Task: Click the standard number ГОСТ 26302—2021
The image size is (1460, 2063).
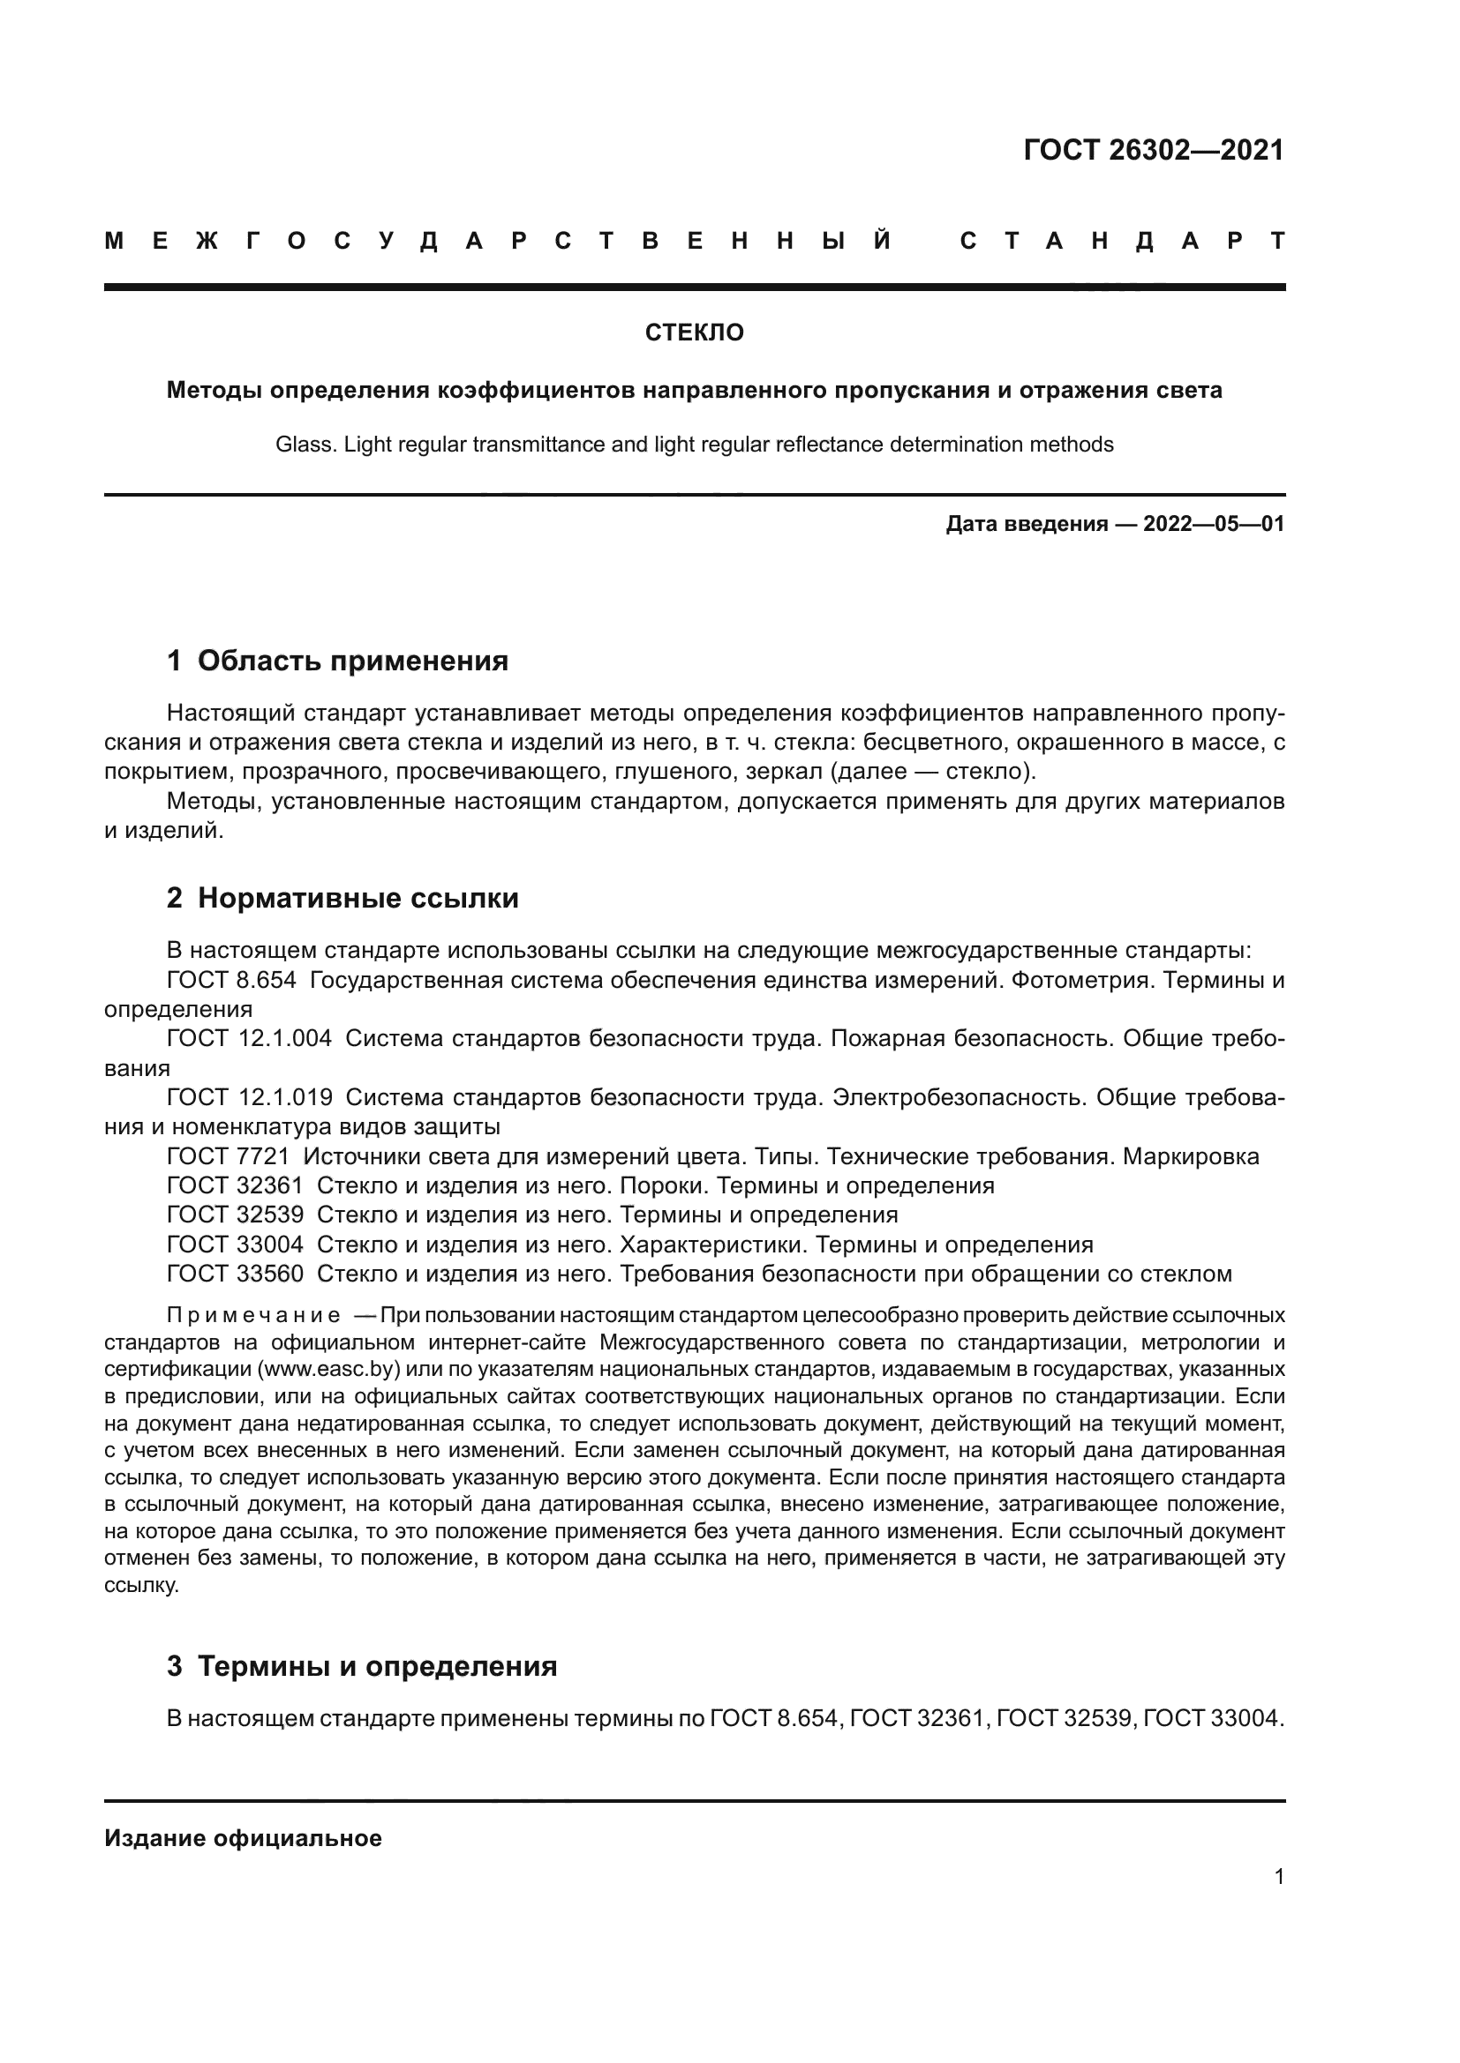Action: pyautogui.click(x=1154, y=150)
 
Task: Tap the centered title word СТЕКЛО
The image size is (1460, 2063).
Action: pyautogui.click(x=694, y=333)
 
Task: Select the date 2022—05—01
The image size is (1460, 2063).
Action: pyautogui.click(x=1214, y=524)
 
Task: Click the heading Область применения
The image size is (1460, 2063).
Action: pyautogui.click(x=352, y=662)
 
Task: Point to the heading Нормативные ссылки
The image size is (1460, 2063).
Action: pyautogui.click(x=357, y=899)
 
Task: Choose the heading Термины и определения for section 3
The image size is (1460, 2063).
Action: pyautogui.click(x=377, y=1667)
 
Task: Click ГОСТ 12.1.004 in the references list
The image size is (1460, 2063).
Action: pyautogui.click(x=249, y=1040)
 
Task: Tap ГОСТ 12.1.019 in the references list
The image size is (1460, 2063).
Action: pyautogui.click(x=249, y=1098)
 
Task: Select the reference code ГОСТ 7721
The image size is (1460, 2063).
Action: pyautogui.click(x=229, y=1156)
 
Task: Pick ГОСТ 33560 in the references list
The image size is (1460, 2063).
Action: pyautogui.click(x=236, y=1274)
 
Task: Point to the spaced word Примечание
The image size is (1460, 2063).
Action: pyautogui.click(x=253, y=1316)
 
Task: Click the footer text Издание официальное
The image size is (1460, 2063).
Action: pyautogui.click(x=243, y=1838)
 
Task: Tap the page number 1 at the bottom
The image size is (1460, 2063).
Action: pyautogui.click(x=1278, y=1876)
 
